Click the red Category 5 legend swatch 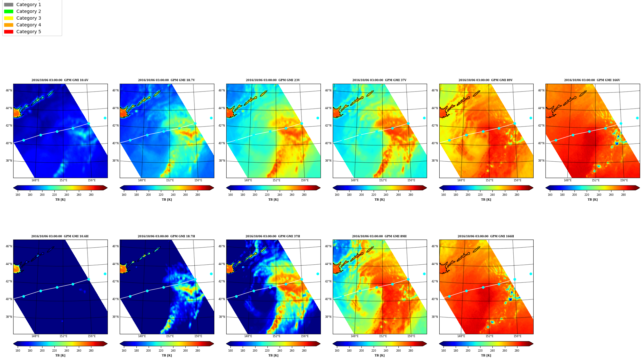(9, 32)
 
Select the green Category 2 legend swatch (9, 11)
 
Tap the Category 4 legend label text (29, 25)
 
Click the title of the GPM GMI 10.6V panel (60, 80)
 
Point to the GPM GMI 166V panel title (592, 80)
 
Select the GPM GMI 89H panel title (379, 236)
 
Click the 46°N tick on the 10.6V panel (9, 90)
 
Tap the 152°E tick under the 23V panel (276, 180)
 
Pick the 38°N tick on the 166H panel (435, 317)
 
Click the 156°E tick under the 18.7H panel (198, 336)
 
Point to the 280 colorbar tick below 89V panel (517, 195)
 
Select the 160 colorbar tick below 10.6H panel (18, 351)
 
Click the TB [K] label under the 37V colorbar (380, 200)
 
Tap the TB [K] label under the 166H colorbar (486, 355)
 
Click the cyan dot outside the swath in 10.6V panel (105, 118)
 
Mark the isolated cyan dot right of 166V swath (637, 118)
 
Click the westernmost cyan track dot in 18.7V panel (130, 140)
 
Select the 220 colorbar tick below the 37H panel (267, 351)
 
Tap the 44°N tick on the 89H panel (328, 264)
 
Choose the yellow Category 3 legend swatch (9, 18)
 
